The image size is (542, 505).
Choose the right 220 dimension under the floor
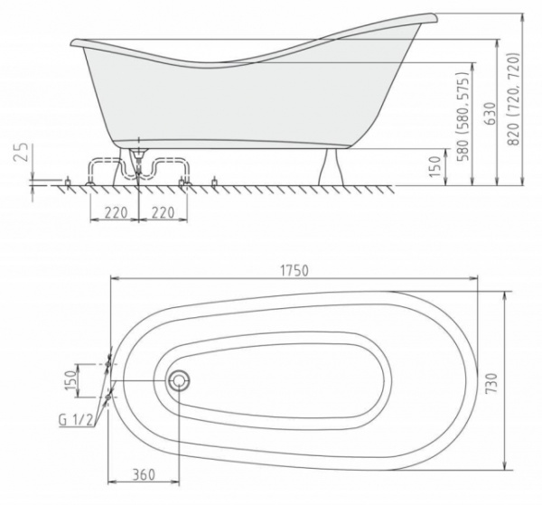pyautogui.click(x=162, y=214)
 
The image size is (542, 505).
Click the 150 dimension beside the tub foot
pyautogui.click(x=435, y=165)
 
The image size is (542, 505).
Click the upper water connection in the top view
pyautogui.click(x=110, y=360)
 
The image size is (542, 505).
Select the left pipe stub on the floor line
pyautogui.click(x=70, y=182)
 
